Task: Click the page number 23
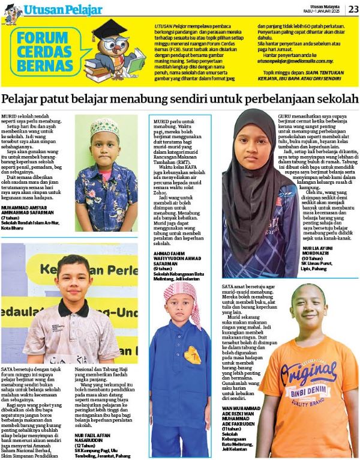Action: pyautogui.click(x=352, y=8)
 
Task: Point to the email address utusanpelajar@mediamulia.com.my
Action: pyautogui.click(x=295, y=61)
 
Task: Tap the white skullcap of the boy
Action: pyautogui.click(x=106, y=126)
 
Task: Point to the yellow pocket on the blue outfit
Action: pyautogui.click(x=192, y=357)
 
